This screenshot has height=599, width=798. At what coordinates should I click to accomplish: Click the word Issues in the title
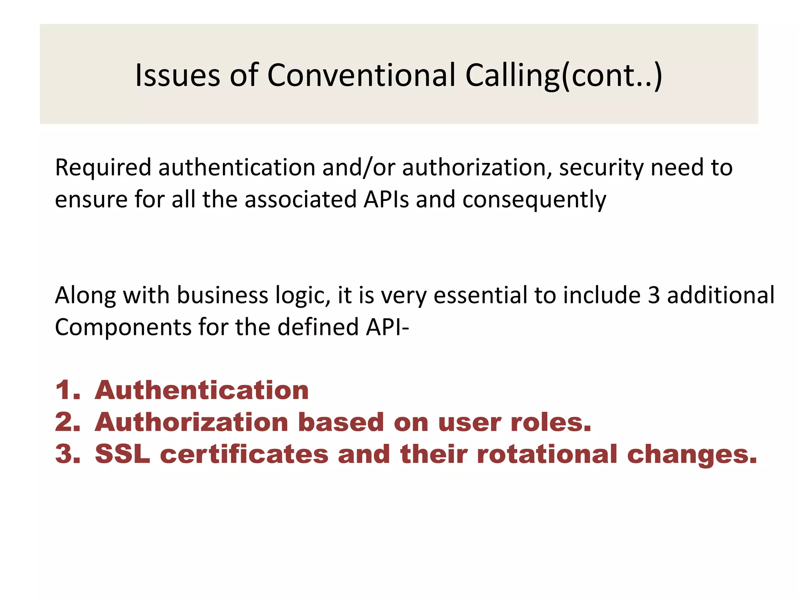coord(177,75)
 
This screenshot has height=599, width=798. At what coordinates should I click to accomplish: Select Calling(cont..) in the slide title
coord(563,76)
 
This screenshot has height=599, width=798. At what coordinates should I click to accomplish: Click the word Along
coord(85,295)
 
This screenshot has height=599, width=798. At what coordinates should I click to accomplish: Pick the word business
coord(222,295)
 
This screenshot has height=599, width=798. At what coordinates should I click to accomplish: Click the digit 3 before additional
coord(654,295)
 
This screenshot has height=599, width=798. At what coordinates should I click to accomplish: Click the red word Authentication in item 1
coord(202,390)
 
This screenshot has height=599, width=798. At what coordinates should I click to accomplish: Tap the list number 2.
coord(67,422)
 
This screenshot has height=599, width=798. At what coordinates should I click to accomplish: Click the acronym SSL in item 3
coord(122,454)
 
